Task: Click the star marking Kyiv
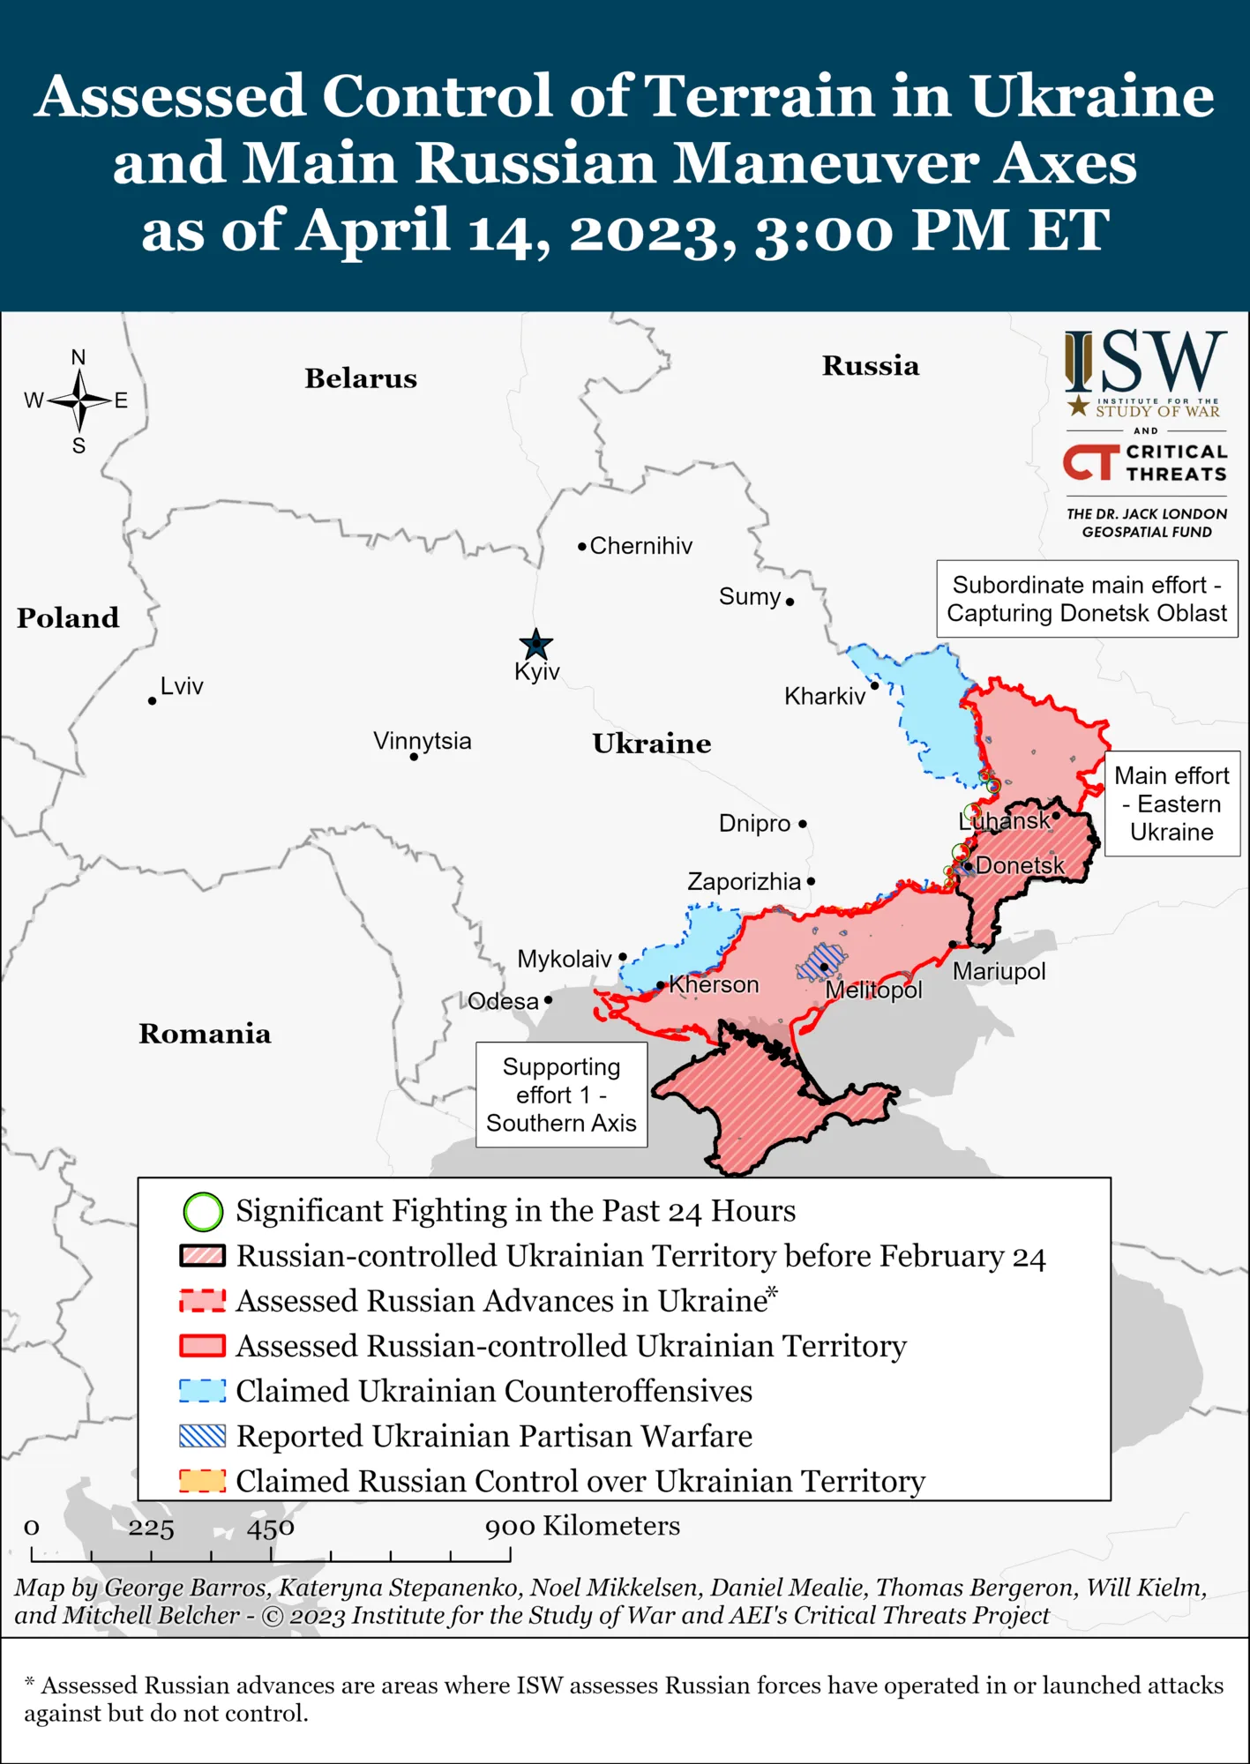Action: click(x=535, y=645)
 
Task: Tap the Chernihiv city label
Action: click(x=640, y=546)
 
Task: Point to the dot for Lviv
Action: click(x=153, y=700)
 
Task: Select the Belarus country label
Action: click(x=361, y=378)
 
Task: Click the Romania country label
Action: click(x=205, y=1034)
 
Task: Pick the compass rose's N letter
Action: click(x=79, y=357)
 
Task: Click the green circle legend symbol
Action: click(x=203, y=1212)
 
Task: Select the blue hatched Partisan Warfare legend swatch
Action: click(x=203, y=1436)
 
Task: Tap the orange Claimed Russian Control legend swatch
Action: click(x=203, y=1481)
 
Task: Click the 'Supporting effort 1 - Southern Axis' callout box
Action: click(x=562, y=1095)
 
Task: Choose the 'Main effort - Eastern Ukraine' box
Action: click(x=1171, y=804)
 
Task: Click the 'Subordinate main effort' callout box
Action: click(x=1087, y=599)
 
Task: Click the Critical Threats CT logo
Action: click(x=1090, y=462)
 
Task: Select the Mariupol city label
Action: click(x=999, y=972)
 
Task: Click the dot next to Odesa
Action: click(x=548, y=1000)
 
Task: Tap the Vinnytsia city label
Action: click(x=422, y=741)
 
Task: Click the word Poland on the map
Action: click(x=68, y=618)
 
